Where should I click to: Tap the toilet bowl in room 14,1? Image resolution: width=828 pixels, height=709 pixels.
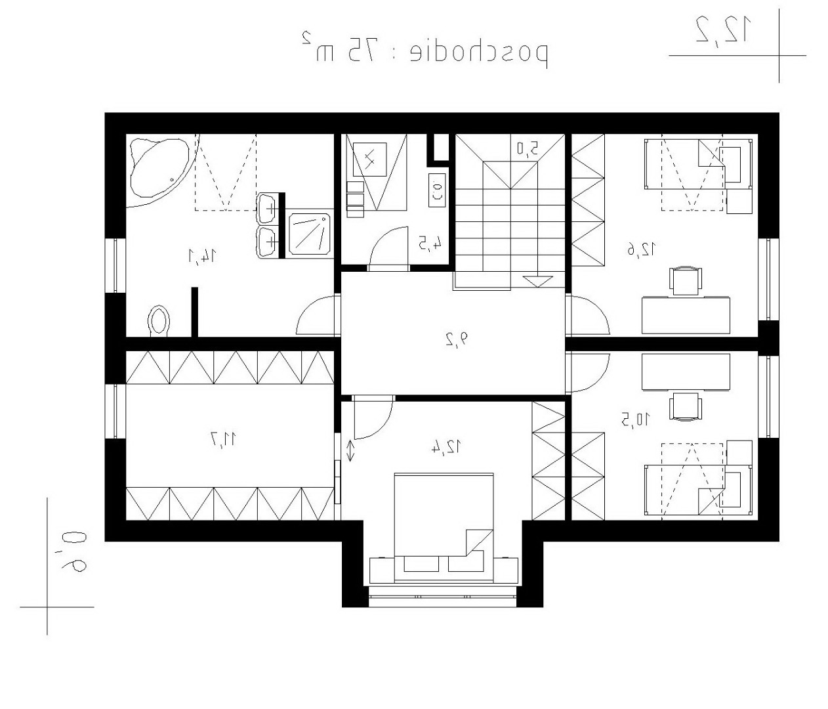pos(159,320)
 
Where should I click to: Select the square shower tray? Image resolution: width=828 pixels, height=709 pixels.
pos(310,234)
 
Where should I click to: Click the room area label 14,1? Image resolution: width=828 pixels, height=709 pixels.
pos(203,255)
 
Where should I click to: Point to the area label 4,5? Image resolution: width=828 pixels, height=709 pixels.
pos(430,242)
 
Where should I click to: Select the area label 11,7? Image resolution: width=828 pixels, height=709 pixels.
pos(223,439)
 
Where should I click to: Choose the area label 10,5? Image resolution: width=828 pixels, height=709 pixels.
pos(636,419)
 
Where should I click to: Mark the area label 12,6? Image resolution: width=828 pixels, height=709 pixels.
pos(642,249)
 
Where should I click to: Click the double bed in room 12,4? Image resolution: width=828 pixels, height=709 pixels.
pos(444,527)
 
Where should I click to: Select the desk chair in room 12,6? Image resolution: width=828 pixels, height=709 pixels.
pos(686,281)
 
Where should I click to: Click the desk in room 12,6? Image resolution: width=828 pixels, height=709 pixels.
pos(686,315)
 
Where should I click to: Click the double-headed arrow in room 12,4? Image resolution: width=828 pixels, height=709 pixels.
pos(350,451)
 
